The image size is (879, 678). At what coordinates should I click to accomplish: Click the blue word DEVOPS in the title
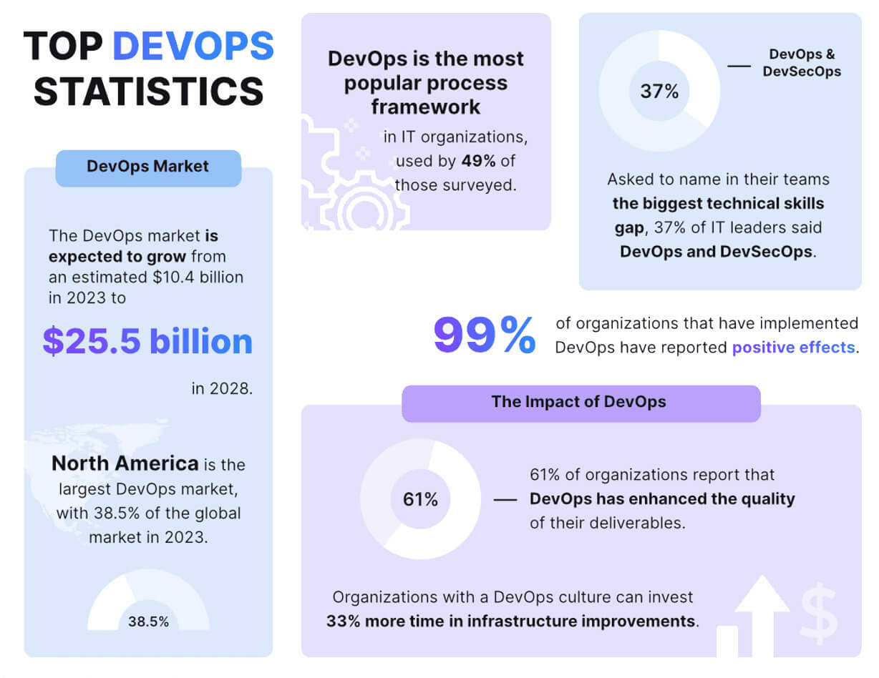coord(193,46)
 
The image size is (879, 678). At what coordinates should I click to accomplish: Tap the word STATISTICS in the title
coord(149,92)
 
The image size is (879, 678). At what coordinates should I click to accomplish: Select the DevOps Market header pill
coord(148,167)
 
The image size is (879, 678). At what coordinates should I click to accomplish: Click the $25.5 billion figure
coord(147,341)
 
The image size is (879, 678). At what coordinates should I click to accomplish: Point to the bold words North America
coord(125,463)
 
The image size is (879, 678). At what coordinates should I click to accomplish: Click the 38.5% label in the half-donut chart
coord(148,621)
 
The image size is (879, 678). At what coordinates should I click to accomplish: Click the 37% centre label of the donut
coord(659,92)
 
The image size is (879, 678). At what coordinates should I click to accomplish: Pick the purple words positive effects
coord(793,348)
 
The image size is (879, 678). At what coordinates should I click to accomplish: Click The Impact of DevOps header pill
coord(578,402)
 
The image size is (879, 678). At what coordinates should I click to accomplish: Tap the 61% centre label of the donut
coord(420,499)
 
